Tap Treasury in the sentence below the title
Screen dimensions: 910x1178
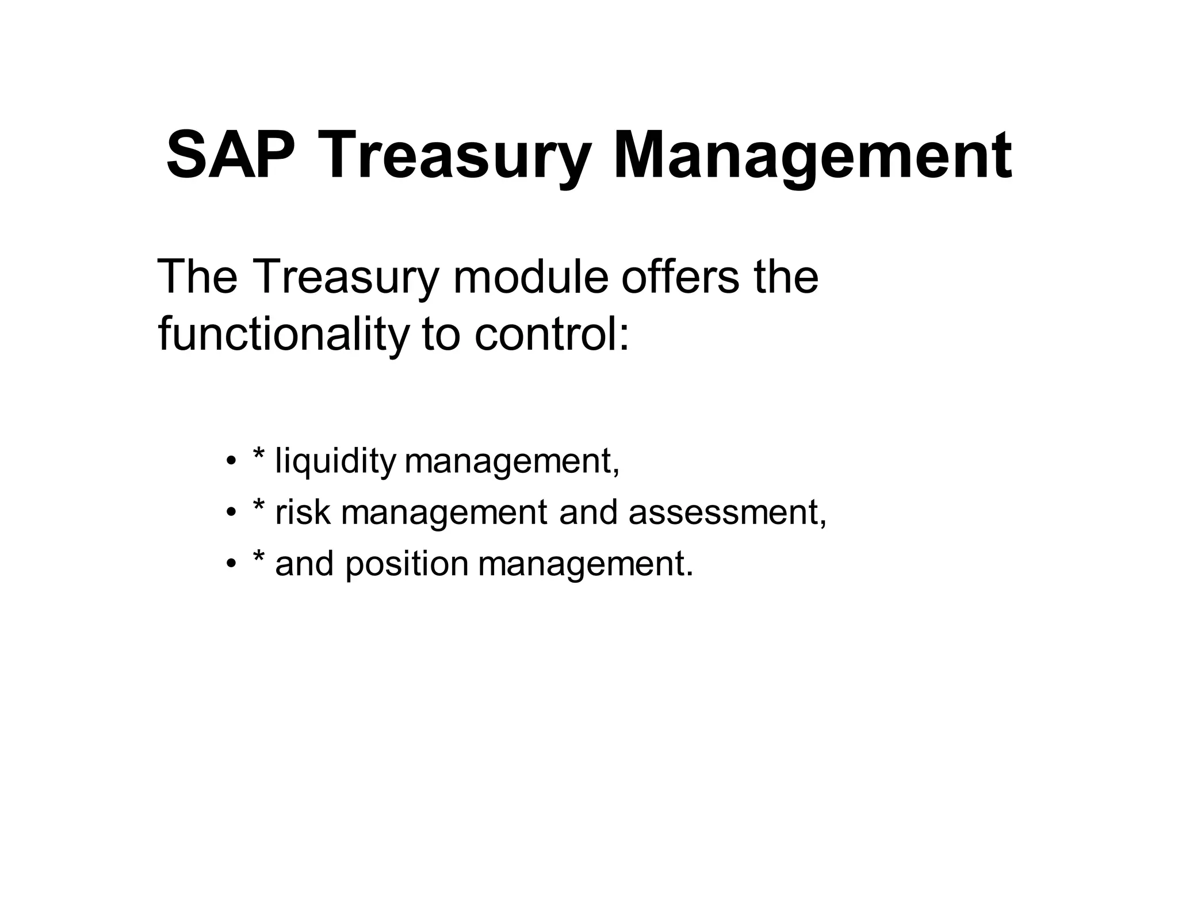coord(345,277)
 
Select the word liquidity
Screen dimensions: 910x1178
coord(335,461)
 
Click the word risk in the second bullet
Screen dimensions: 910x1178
coord(303,512)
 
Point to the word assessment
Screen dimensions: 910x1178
coord(727,512)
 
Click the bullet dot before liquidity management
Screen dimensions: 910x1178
coord(231,461)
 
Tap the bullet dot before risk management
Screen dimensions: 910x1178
coord(231,512)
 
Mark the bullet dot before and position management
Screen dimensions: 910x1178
coord(231,563)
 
